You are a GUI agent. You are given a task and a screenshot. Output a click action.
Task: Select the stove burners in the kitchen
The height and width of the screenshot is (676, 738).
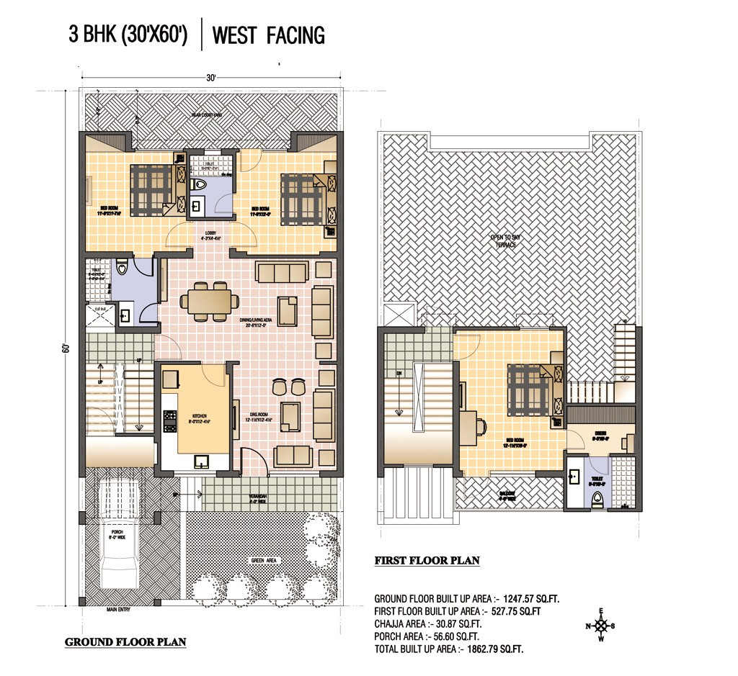[171, 421]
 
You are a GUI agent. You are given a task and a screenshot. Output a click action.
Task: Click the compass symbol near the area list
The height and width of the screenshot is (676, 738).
[604, 626]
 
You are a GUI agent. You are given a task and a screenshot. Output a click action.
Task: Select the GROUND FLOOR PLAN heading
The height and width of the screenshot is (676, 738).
[125, 642]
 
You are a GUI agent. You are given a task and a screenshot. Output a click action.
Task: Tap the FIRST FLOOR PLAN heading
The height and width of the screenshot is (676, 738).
[427, 561]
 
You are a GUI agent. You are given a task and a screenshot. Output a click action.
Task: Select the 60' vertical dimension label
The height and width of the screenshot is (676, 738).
[66, 348]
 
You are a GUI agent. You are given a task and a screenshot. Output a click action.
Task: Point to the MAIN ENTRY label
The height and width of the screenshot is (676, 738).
[122, 610]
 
